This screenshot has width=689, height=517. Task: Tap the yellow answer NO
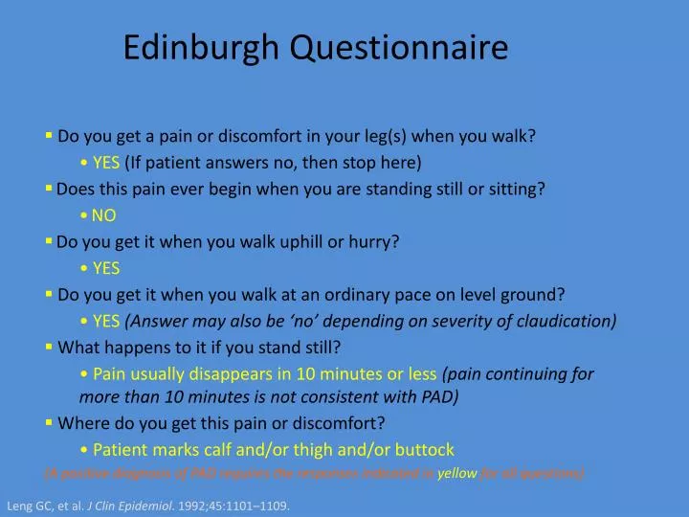[104, 215]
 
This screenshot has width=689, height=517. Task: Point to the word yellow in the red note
[453, 473]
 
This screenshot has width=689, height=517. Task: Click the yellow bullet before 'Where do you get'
[49, 422]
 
